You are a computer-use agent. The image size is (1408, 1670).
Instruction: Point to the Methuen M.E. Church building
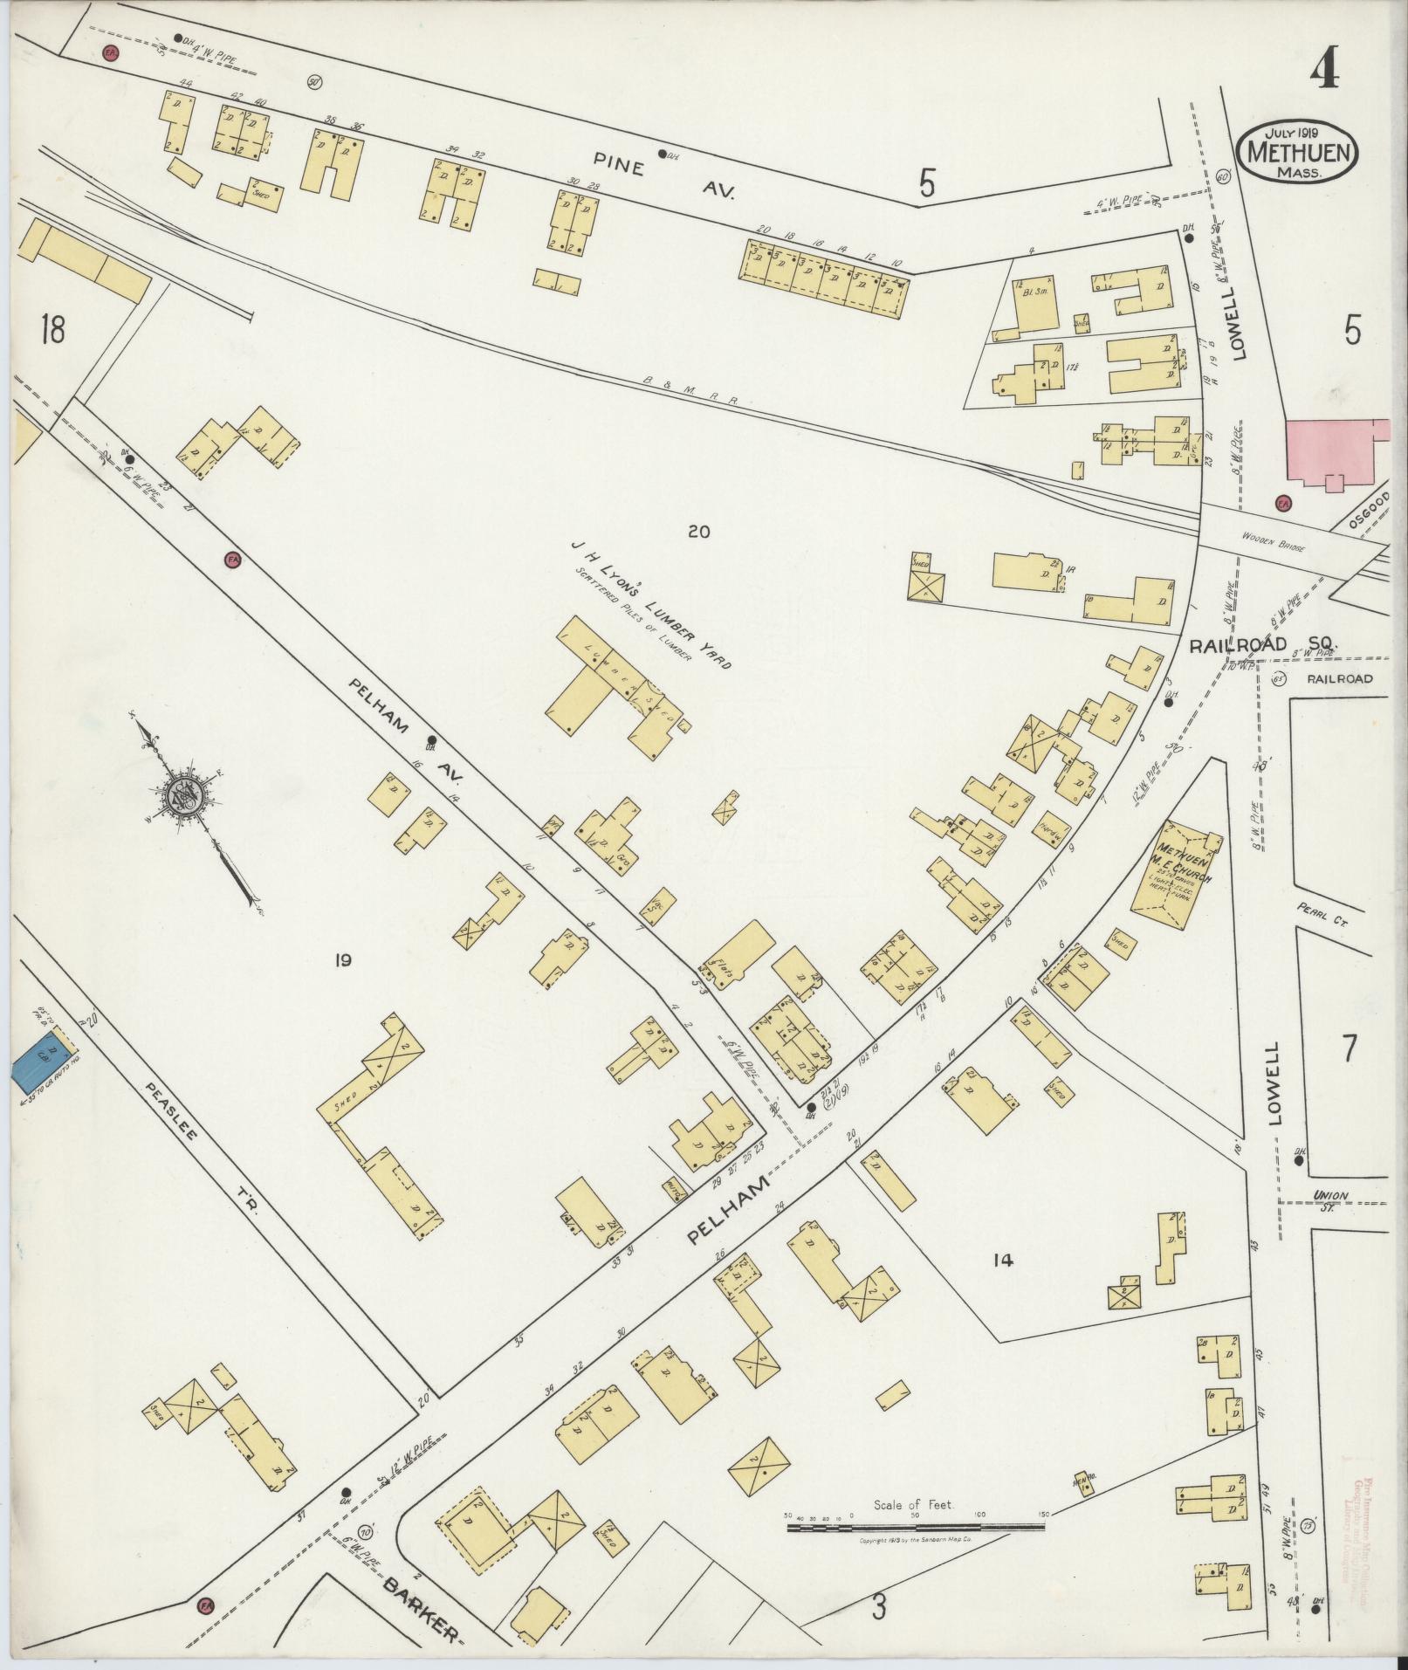click(x=1176, y=868)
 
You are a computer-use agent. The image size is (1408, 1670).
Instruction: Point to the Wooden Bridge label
click(x=1277, y=547)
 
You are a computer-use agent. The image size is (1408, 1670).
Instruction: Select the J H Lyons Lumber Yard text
click(x=649, y=602)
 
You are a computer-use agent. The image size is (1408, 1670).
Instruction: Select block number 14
click(x=1002, y=1260)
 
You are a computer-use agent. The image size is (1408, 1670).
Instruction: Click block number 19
click(x=341, y=960)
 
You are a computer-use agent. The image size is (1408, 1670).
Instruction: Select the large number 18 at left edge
click(x=52, y=331)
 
